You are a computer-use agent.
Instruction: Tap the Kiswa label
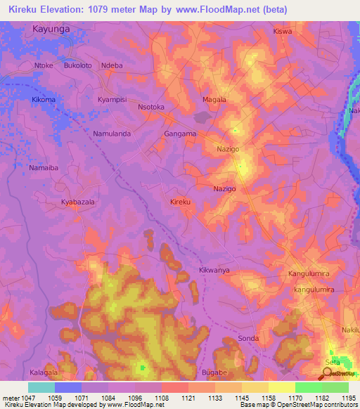[282, 32]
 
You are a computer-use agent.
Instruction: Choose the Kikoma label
[44, 100]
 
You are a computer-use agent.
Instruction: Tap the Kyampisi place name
[112, 100]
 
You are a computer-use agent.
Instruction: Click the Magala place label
[214, 100]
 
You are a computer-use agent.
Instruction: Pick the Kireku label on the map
[181, 202]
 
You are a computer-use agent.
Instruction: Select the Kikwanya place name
[214, 270]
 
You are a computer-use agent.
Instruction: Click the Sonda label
[248, 338]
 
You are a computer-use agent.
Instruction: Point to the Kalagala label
[44, 372]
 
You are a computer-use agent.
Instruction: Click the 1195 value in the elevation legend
[349, 398]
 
